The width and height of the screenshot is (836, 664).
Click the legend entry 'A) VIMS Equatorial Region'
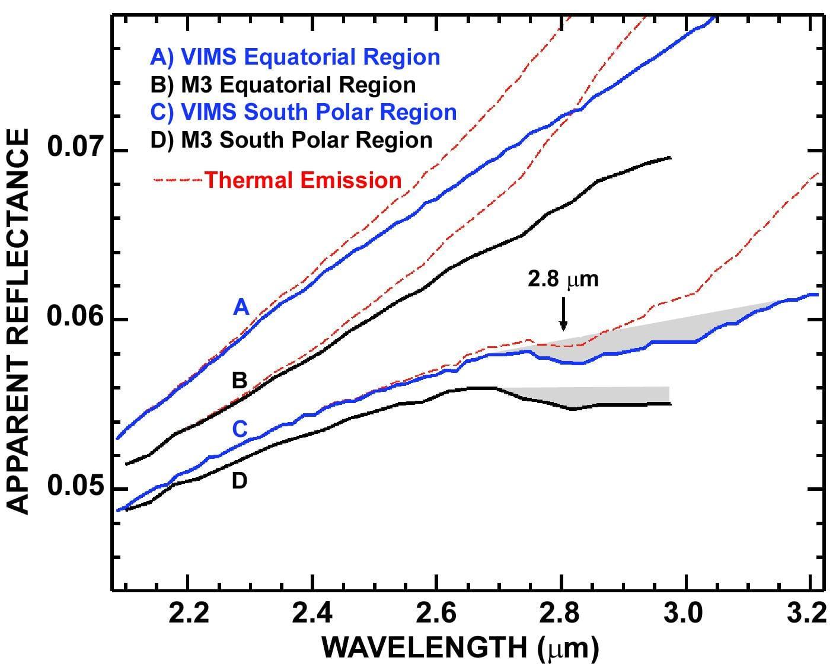(295, 58)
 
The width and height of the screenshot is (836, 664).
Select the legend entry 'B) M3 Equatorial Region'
(283, 85)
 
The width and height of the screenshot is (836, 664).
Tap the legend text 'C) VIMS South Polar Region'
(304, 112)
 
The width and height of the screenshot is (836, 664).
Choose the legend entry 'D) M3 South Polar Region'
(291, 140)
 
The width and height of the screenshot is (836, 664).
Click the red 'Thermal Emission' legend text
(303, 180)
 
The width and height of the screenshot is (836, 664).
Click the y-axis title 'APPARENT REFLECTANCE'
(18, 322)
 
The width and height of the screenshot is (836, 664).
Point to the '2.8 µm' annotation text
(563, 279)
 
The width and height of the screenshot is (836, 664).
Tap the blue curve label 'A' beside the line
(241, 308)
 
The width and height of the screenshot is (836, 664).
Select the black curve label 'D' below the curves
(240, 481)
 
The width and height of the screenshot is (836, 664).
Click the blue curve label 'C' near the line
(240, 429)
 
